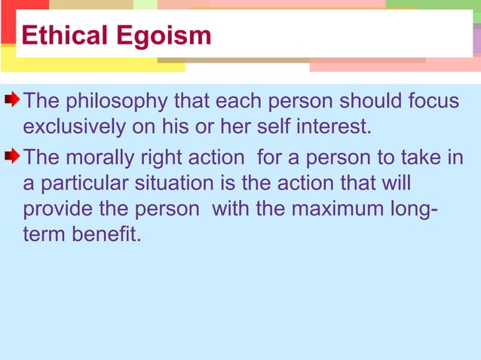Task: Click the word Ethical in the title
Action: [63, 35]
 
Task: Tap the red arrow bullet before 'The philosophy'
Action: [13, 99]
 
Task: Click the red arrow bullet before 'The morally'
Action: [13, 156]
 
